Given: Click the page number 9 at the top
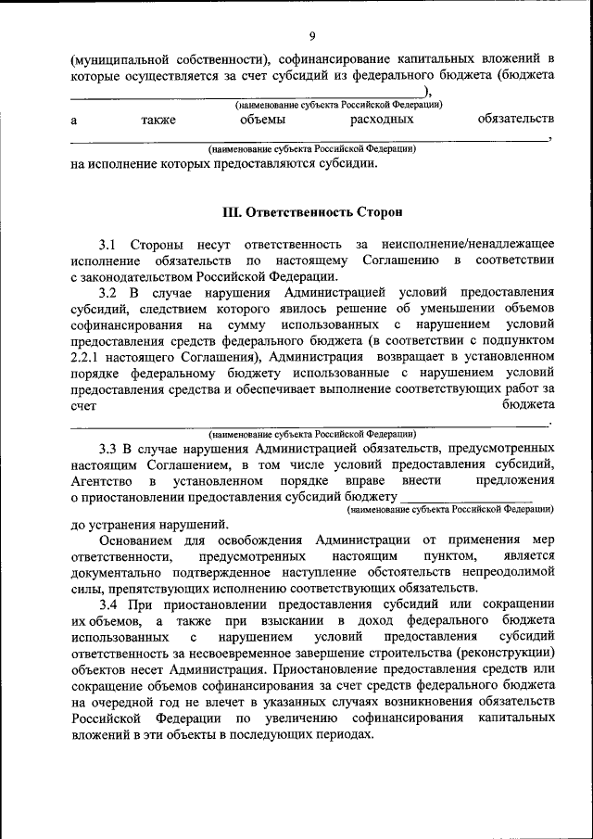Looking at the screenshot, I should pyautogui.click(x=313, y=36).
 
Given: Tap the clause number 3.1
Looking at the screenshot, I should pyautogui.click(x=107, y=244).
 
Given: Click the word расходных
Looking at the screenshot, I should pyautogui.click(x=382, y=119).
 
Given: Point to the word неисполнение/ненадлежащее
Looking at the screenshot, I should pyautogui.click(x=473, y=244).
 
